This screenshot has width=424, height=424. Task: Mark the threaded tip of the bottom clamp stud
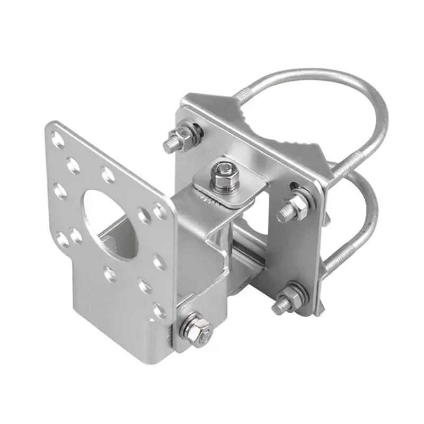278,306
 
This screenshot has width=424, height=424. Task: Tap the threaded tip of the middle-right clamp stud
284,214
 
